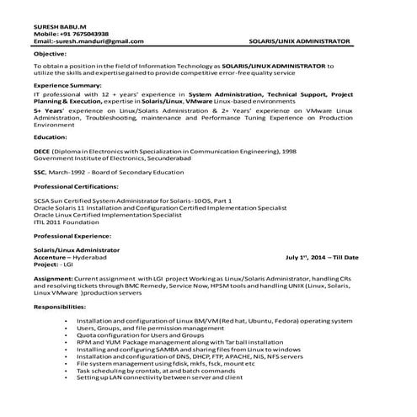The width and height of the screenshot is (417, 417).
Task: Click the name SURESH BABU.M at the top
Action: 59,27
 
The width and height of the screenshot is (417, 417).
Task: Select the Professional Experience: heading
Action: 74,238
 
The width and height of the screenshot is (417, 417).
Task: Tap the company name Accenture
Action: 51,257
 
